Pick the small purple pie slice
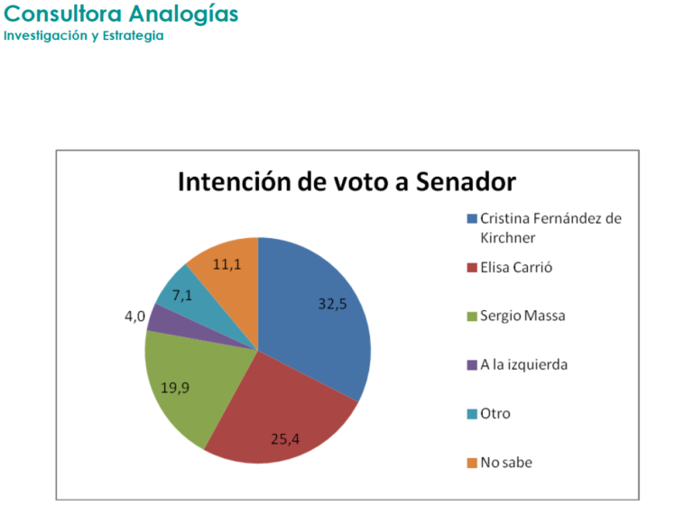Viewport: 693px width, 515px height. click(x=158, y=318)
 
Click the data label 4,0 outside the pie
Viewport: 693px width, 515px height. click(x=134, y=317)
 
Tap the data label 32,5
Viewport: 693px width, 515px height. click(x=332, y=304)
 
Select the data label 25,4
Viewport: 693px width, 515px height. click(x=285, y=439)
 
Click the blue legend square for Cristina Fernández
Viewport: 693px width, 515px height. click(x=471, y=219)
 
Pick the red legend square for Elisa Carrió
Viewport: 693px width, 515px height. click(x=471, y=268)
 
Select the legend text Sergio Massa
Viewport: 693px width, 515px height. click(x=522, y=317)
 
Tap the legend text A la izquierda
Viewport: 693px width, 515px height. click(x=524, y=364)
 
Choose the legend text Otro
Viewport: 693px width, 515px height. click(x=494, y=413)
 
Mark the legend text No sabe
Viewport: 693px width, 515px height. click(x=506, y=462)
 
